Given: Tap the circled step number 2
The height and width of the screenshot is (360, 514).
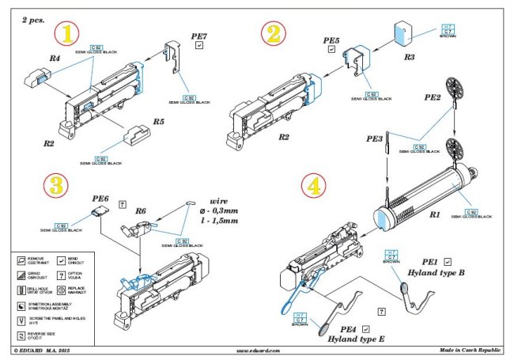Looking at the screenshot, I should pos(273,33).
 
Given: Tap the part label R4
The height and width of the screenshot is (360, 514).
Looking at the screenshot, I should pos(54,58).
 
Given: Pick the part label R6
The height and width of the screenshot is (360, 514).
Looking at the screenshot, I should pos(142,212).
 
